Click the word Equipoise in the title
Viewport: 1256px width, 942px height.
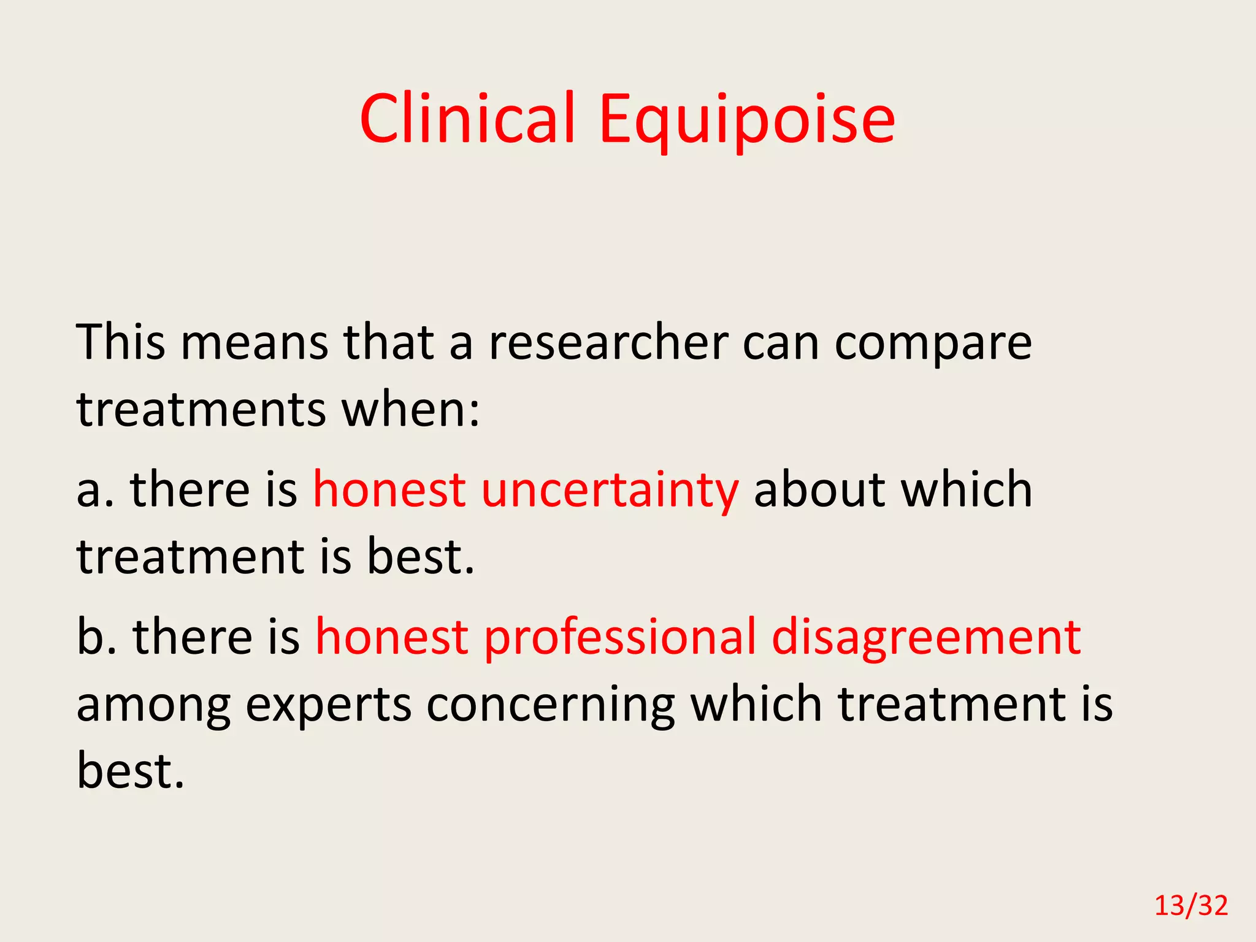pos(747,120)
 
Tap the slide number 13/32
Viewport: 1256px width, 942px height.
pos(1191,906)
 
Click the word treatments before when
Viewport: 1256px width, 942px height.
pos(201,409)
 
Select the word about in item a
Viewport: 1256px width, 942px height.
pos(819,491)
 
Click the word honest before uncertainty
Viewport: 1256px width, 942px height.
pos(389,491)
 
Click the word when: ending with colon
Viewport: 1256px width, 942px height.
pos(410,409)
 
